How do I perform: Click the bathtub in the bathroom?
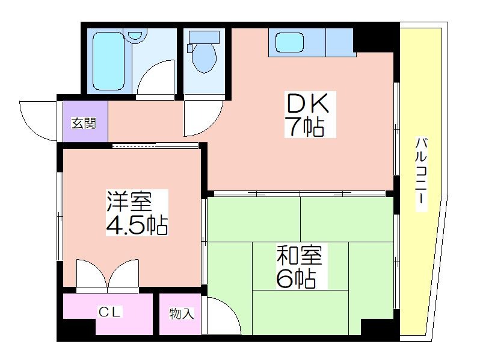(x=109, y=61)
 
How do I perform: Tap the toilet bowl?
(x=204, y=58)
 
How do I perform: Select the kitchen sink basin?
(x=289, y=42)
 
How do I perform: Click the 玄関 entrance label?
(x=84, y=123)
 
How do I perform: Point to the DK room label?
(x=308, y=103)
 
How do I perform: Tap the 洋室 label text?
(x=129, y=201)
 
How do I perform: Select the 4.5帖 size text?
(x=137, y=225)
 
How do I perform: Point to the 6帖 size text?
(x=296, y=278)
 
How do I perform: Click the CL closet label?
(x=110, y=312)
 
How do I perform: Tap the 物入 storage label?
(x=181, y=314)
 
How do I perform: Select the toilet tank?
(x=204, y=37)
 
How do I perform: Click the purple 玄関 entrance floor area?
(x=85, y=121)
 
